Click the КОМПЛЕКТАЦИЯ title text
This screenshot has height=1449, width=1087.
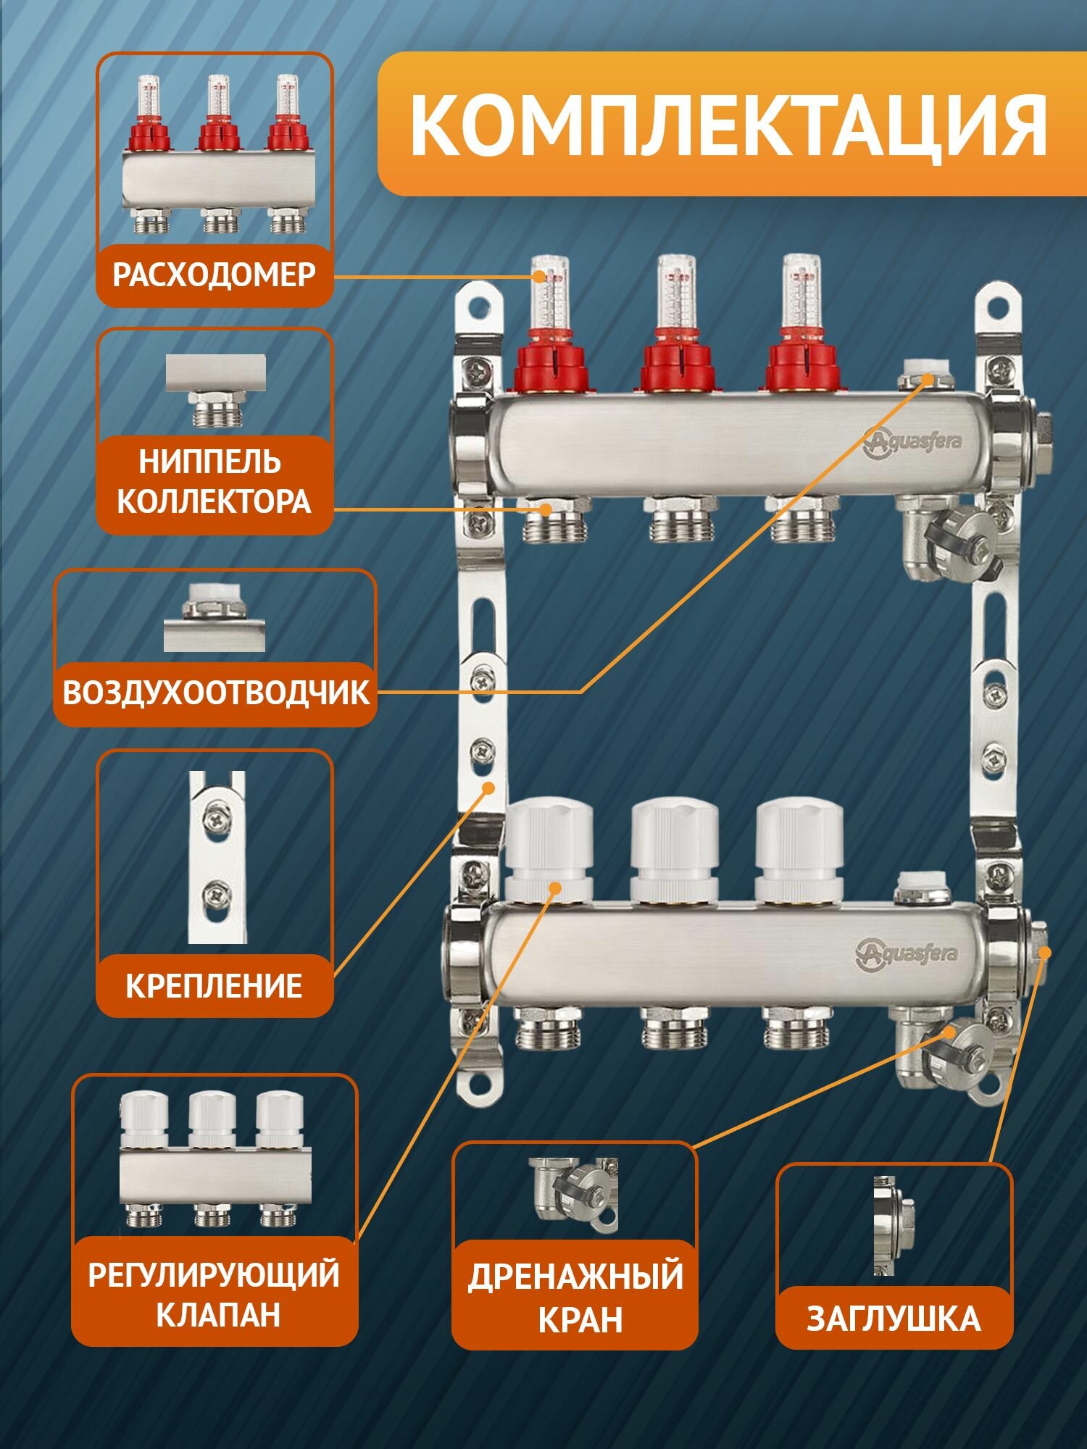pos(728,125)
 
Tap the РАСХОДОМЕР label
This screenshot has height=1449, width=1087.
pos(215,275)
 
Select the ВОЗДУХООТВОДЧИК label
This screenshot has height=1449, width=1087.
pos(216,693)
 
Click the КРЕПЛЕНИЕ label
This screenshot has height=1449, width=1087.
pos(215,985)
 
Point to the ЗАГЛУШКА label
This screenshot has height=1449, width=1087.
pos(894,1319)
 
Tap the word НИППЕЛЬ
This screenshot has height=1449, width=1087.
pos(210,462)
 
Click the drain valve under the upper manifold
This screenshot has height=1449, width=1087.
pos(942,536)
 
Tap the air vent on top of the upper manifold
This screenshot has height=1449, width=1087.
pos(916,382)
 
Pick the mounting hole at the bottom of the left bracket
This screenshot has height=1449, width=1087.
pos(479,1086)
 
